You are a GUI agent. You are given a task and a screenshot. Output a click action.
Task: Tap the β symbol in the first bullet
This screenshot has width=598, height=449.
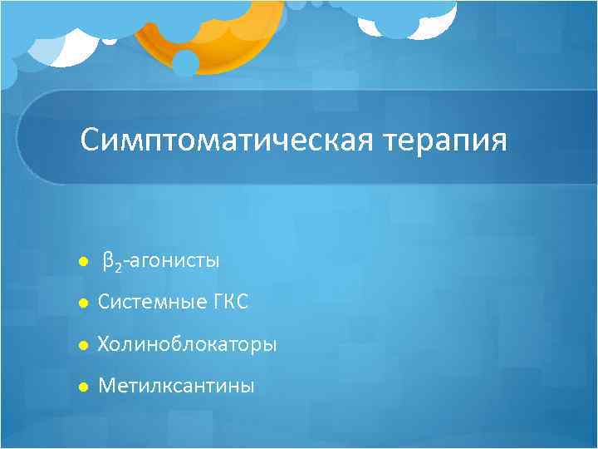pyautogui.click(x=108, y=262)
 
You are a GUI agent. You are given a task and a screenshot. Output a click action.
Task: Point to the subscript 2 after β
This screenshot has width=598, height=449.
pyautogui.click(x=117, y=266)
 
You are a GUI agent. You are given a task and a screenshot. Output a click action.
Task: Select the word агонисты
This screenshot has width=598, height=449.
pyautogui.click(x=173, y=262)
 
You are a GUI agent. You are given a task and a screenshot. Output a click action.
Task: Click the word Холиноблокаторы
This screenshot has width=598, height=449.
pyautogui.click(x=188, y=343)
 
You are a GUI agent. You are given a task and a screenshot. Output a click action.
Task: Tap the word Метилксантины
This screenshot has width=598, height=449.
pyautogui.click(x=176, y=386)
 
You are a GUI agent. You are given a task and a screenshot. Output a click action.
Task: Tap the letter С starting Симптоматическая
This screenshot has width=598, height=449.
pyautogui.click(x=90, y=140)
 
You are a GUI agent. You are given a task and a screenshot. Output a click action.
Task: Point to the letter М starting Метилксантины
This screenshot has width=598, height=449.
pyautogui.click(x=106, y=386)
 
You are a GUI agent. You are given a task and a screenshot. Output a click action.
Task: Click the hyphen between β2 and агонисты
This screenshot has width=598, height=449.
pyautogui.click(x=125, y=263)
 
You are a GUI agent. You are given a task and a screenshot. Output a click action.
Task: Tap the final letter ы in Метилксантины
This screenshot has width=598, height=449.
pyautogui.click(x=248, y=387)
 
